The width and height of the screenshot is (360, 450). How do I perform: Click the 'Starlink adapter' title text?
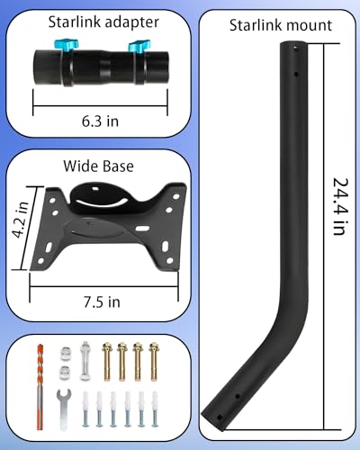tap(103, 22)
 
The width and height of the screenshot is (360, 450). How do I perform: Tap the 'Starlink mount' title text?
tap(281, 25)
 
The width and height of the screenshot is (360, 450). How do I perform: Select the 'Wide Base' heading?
tap(98, 166)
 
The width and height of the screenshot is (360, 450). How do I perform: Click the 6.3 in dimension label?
tap(100, 121)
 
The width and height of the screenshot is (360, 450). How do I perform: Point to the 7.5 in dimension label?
tap(102, 301)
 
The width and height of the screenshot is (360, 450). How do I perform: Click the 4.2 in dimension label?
tap(21, 220)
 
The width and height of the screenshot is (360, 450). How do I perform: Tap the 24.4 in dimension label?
tap(341, 207)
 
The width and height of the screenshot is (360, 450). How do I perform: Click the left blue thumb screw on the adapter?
tap(67, 45)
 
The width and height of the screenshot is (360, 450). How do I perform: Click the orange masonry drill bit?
tap(40, 387)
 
